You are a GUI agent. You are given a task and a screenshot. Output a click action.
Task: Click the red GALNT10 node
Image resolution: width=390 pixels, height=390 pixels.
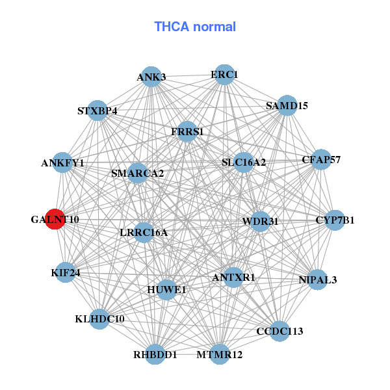click(55, 220)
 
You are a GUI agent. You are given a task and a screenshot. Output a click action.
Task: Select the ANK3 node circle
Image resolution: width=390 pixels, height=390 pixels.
click(151, 77)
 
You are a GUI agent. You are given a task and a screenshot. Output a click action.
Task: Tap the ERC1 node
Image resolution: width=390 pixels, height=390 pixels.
click(224, 74)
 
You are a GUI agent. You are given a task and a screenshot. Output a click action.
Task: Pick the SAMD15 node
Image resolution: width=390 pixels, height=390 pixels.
click(287, 105)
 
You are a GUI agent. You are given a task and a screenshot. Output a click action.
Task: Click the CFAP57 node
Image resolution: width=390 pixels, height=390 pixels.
click(320, 159)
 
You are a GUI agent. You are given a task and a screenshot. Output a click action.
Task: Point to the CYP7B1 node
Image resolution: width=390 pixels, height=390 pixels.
click(335, 220)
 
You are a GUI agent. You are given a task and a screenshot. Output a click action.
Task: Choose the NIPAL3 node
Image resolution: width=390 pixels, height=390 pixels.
click(317, 279)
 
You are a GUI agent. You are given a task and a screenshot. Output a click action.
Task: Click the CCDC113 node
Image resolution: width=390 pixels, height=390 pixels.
click(279, 331)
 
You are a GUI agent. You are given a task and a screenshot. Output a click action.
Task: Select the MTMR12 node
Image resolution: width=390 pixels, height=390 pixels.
click(220, 354)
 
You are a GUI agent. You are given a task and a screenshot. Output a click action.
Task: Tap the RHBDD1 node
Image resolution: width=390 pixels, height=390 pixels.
click(155, 354)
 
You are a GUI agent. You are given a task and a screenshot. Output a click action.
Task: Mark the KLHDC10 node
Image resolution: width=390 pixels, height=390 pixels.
click(99, 319)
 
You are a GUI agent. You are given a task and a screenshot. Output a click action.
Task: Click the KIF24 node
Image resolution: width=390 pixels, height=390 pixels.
click(65, 272)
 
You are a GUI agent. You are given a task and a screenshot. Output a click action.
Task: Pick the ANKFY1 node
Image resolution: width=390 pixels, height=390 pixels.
click(62, 162)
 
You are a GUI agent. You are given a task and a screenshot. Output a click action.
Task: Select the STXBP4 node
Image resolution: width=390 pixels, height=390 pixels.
click(97, 110)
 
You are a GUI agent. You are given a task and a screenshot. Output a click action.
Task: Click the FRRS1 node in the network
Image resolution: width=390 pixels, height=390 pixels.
click(187, 131)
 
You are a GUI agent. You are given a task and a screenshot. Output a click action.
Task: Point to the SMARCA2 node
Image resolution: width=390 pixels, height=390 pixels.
click(137, 173)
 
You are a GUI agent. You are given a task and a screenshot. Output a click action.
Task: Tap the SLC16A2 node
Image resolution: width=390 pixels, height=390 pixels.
click(243, 162)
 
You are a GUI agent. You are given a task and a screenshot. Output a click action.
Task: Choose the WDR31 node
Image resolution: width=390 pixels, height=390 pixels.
click(260, 221)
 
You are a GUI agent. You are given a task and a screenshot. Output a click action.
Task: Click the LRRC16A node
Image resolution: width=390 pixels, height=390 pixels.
click(144, 232)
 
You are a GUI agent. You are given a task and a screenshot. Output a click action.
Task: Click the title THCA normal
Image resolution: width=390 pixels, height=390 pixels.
click(194, 27)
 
